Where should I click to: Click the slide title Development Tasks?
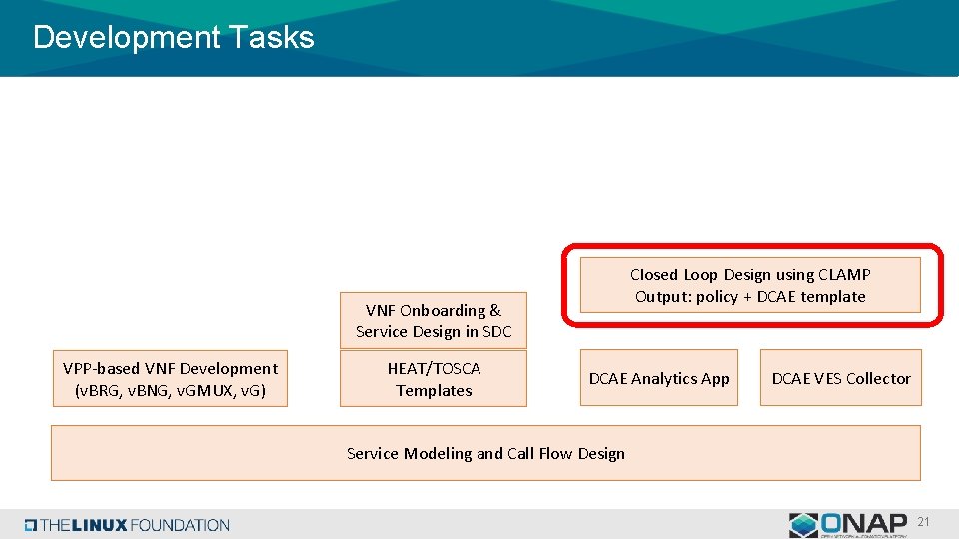click(173, 38)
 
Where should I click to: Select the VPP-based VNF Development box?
click(170, 379)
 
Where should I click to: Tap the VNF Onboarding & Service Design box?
click(433, 321)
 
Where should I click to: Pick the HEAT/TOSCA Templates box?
click(433, 379)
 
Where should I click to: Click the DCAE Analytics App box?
click(659, 378)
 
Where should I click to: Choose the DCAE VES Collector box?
click(840, 378)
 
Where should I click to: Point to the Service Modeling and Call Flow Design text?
click(485, 453)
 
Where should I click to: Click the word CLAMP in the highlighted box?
click(844, 274)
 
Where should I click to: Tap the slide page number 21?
click(923, 522)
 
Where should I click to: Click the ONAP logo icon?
click(803, 525)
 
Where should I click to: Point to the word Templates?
click(434, 390)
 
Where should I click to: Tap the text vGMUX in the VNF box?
click(206, 390)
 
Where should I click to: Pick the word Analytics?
click(664, 378)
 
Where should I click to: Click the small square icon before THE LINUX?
click(31, 525)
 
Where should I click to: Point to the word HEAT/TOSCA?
click(434, 368)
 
